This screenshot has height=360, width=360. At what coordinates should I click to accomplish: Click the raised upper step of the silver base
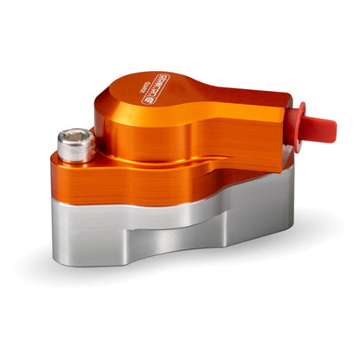242,195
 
